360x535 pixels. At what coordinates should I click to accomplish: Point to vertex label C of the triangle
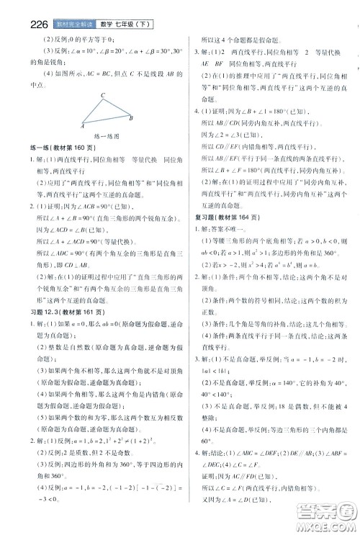(103, 96)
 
